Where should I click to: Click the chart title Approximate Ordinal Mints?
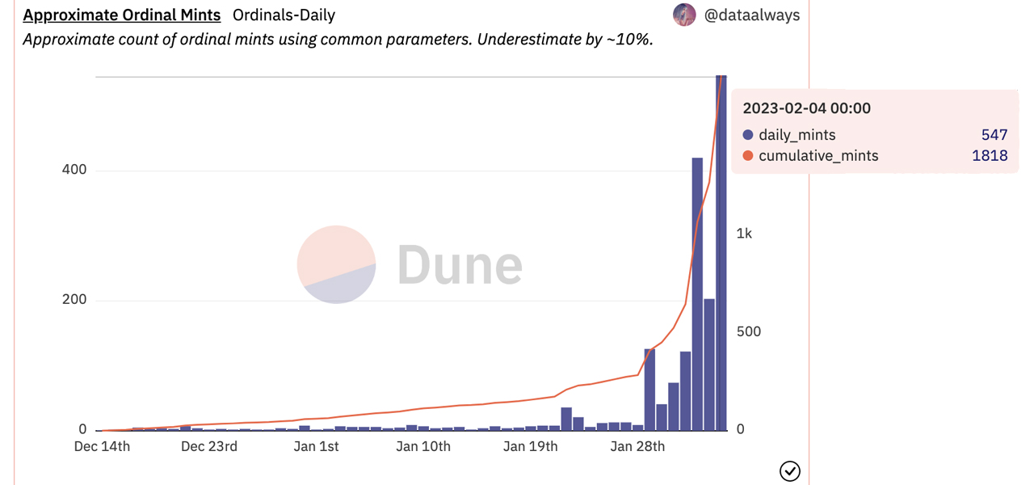point(122,15)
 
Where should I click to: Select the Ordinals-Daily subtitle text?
point(284,15)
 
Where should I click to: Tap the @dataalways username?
point(752,15)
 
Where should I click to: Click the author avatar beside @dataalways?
point(684,15)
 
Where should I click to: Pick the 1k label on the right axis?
point(744,234)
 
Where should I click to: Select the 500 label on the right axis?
point(749,331)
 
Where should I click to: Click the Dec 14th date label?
point(103,446)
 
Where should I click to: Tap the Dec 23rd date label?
point(209,446)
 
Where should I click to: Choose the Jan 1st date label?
point(316,446)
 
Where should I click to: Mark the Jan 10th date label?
point(423,446)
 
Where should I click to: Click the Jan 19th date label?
point(530,446)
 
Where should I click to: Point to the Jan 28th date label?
point(637,446)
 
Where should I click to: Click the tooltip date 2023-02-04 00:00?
point(806,108)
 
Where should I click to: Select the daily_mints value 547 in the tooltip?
point(994,135)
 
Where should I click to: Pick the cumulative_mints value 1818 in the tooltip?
point(990,155)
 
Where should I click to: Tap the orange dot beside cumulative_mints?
point(748,156)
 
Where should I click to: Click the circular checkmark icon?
point(789,470)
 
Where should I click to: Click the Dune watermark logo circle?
point(336,264)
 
